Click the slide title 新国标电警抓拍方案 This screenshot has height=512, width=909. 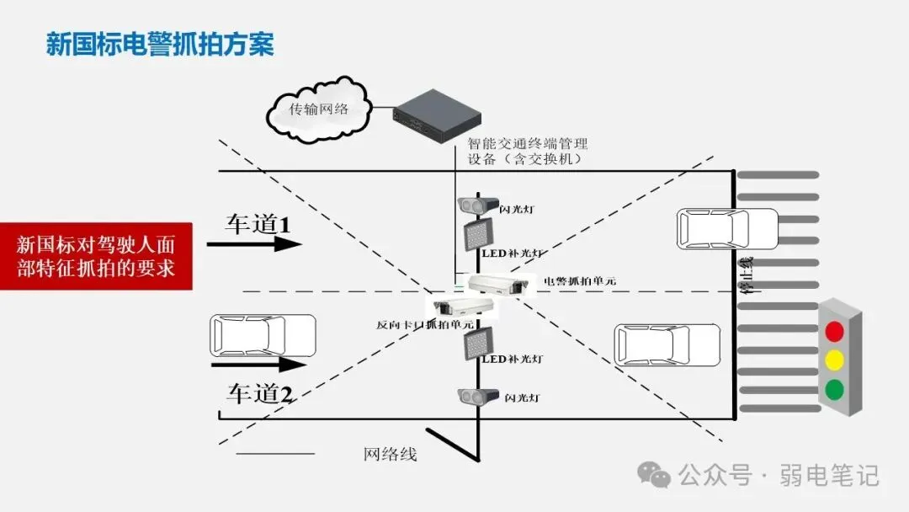160,44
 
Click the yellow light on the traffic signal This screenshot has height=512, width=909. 834,360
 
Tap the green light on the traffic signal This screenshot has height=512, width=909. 834,389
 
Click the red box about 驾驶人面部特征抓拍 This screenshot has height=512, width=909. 96,256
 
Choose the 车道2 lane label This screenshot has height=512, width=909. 259,392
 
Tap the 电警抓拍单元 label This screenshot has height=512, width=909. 579,281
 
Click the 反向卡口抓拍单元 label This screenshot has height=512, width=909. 424,324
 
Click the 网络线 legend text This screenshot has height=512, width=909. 390,455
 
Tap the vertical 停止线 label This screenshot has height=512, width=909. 746,275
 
